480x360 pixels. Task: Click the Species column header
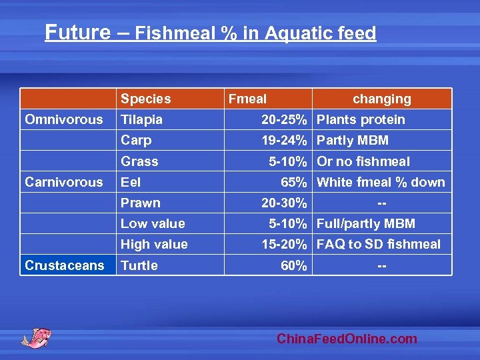tap(145, 99)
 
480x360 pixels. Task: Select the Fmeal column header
tap(247, 99)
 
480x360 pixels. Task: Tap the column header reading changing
tap(381, 99)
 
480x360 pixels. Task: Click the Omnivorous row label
tap(64, 120)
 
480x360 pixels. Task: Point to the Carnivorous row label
tap(64, 182)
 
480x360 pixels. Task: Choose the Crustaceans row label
tap(64, 265)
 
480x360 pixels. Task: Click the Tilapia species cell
tap(141, 120)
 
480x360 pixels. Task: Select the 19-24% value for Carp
tap(284, 141)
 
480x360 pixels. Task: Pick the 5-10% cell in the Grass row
tap(288, 161)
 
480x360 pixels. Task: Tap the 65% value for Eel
tap(294, 182)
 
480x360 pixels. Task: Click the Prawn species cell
tap(140, 203)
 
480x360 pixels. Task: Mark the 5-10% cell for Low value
tap(288, 223)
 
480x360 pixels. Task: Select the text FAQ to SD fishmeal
tap(379, 245)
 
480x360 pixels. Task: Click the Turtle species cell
tap(139, 265)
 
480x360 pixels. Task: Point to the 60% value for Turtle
tap(294, 265)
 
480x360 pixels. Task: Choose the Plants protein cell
tap(361, 120)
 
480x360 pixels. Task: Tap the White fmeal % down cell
tap(381, 182)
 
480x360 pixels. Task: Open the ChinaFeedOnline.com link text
tap(347, 339)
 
